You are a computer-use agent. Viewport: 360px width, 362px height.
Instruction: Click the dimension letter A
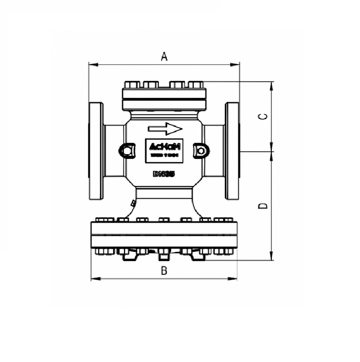165,56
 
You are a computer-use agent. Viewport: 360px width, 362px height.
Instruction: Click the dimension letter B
164,271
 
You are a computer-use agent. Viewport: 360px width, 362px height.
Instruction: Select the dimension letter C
263,117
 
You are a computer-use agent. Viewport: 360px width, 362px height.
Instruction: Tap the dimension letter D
263,206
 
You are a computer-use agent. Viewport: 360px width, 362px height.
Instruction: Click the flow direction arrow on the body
165,129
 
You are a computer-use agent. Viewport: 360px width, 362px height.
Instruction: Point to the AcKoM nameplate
164,151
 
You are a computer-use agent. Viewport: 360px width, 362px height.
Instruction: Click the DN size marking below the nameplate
164,174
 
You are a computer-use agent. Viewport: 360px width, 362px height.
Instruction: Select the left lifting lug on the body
127,151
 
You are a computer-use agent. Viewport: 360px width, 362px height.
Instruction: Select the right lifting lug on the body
201,151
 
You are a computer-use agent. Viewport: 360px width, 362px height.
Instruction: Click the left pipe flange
96,151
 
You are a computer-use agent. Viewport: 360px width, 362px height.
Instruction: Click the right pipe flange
232,151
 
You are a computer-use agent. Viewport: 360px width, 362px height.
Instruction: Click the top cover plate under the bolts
164,94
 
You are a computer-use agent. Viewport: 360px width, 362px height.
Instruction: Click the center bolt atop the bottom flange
164,219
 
